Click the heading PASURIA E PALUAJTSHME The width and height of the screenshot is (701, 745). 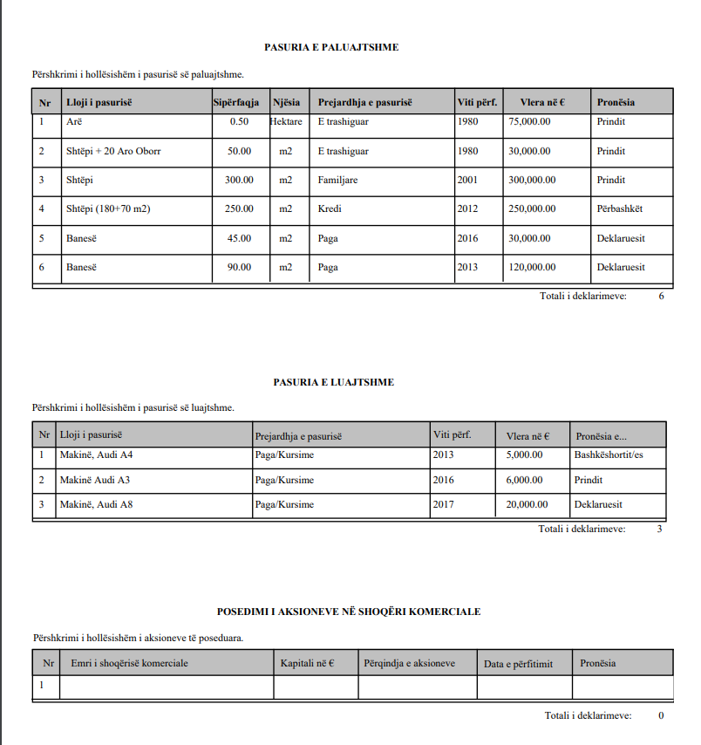(331, 47)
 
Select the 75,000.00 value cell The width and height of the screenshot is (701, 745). (529, 122)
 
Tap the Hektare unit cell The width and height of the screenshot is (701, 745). (286, 122)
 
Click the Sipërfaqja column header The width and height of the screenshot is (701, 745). (236, 102)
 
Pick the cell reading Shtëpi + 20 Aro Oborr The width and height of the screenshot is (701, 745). (113, 151)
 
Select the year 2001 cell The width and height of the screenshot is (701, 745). (467, 180)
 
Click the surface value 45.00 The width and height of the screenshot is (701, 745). (239, 238)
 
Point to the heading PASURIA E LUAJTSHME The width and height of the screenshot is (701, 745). (333, 382)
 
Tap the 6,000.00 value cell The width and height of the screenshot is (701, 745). (524, 480)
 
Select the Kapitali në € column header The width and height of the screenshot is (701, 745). (308, 663)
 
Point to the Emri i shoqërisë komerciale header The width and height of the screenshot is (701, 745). (129, 663)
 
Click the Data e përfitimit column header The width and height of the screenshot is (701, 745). (517, 664)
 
